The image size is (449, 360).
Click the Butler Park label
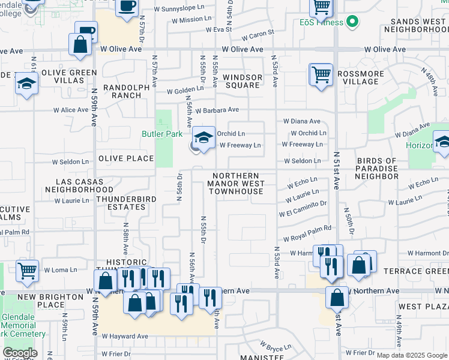161,134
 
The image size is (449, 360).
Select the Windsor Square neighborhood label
243,81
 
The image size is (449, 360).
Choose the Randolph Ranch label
126,91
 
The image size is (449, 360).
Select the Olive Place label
126,159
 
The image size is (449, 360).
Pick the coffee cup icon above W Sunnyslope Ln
126,7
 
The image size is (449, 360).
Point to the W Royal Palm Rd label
307,229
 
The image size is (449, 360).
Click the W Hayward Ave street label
124,336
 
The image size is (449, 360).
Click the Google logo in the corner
20,353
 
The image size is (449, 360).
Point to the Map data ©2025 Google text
412,355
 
